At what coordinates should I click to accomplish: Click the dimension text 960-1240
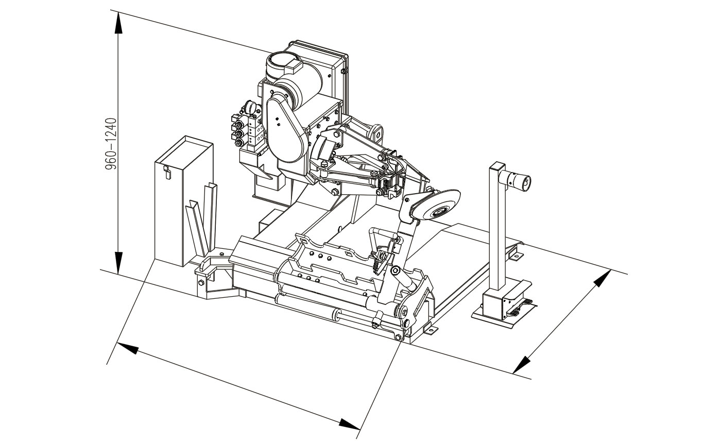pyautogui.click(x=110, y=144)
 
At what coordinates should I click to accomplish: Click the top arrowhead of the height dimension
pyautogui.click(x=118, y=23)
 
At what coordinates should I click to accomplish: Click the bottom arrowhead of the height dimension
pyautogui.click(x=118, y=262)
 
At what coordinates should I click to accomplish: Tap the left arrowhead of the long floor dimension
pyautogui.click(x=128, y=348)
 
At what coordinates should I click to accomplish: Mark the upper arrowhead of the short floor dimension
pyautogui.click(x=602, y=279)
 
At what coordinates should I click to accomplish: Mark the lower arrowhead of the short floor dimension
pyautogui.click(x=521, y=365)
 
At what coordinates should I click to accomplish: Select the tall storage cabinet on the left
pyautogui.click(x=183, y=201)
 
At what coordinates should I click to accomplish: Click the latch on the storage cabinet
pyautogui.click(x=167, y=172)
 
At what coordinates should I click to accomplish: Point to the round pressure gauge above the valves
pyautogui.click(x=250, y=107)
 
